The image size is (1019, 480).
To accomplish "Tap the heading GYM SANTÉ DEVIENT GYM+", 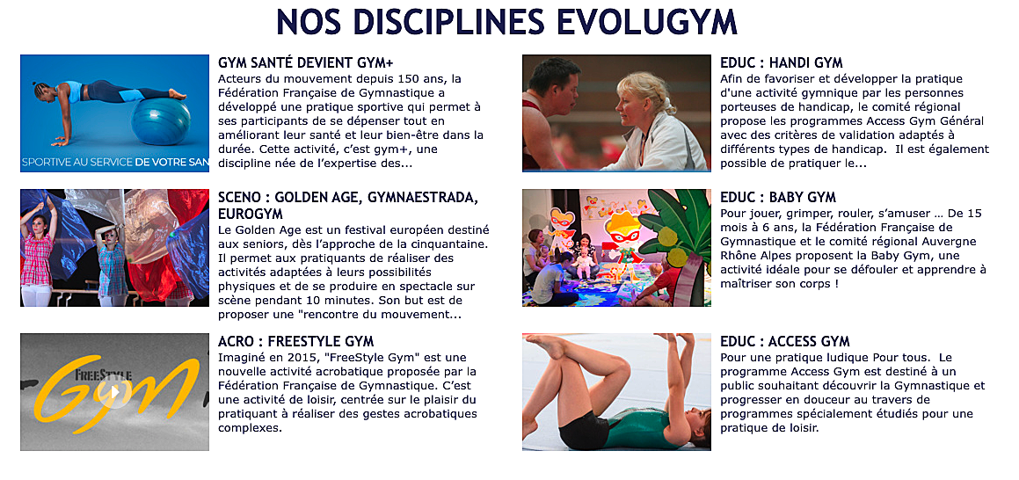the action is coord(305,63).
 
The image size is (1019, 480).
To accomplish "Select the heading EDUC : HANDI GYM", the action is coord(781,63).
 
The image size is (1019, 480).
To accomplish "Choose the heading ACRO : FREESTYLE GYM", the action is coord(295,342).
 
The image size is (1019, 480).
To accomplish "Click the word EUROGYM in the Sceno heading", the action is coord(251,214).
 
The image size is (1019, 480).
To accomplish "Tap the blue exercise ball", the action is coord(161,122).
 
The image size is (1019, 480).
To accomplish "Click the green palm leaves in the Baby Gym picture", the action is coord(678,224).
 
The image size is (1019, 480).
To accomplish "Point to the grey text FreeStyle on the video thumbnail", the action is coord(104,375).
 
